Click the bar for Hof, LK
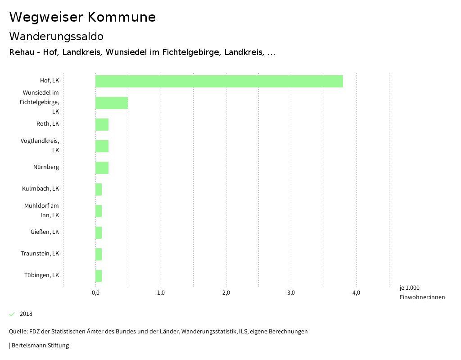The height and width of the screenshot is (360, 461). pos(219,81)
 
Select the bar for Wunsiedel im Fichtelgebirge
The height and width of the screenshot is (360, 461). pos(112,103)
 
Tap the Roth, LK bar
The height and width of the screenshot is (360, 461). pos(102,124)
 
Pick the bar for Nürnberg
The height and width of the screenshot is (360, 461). pos(102,168)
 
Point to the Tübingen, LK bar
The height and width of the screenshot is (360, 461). pos(99,276)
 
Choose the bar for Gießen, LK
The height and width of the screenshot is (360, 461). pos(99,232)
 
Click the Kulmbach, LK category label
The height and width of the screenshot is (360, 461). pos(41,188)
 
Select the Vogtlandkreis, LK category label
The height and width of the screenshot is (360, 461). pos(40,145)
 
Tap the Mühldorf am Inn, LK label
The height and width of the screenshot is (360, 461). pos(41,210)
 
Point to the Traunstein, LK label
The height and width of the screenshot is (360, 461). pos(40,253)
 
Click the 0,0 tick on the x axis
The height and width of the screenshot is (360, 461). pos(95,293)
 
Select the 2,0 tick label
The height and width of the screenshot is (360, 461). pos(226,293)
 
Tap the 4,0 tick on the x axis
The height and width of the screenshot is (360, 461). pos(356,293)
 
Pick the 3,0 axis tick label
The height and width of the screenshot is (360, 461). pos(291,293)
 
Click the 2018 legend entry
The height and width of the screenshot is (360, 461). pos(26,314)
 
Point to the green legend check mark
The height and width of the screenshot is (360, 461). pos(12,314)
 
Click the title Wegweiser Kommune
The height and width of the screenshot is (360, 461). pos(82,17)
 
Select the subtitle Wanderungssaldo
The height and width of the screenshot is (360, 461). pos(56,36)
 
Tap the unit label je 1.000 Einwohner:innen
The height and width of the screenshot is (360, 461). pos(422,292)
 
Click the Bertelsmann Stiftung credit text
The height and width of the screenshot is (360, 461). pos(40,346)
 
